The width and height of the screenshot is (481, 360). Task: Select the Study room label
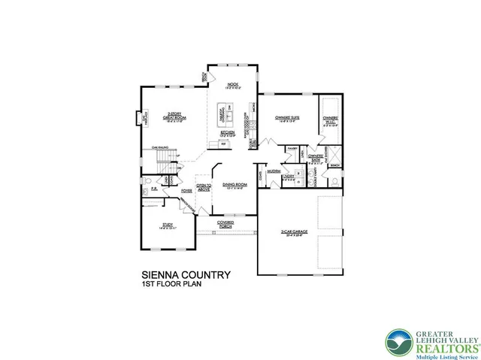pyautogui.click(x=167, y=225)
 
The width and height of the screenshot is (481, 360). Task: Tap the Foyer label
pyautogui.click(x=186, y=192)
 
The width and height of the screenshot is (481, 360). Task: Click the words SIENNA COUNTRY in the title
pyautogui.click(x=186, y=275)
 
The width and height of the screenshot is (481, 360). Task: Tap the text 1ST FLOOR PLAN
pyautogui.click(x=172, y=286)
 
